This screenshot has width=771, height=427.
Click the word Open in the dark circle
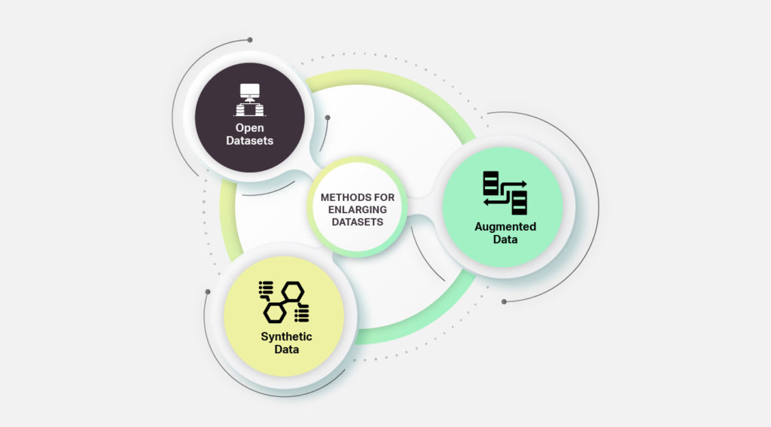point(250,128)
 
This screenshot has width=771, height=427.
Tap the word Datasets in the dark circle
point(250,141)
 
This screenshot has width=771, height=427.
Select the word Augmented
point(505,227)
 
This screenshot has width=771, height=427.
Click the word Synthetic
point(286,337)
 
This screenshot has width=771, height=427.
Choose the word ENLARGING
point(358,209)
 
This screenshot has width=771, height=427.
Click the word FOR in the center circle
point(384,197)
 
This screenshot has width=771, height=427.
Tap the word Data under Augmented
point(505,239)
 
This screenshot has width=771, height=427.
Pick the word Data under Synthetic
point(287,349)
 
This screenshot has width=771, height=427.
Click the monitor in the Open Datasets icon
point(250,92)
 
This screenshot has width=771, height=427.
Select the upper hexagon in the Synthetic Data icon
point(293,291)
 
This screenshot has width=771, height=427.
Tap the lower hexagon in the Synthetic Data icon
point(275,312)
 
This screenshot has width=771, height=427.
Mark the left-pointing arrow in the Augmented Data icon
point(498,201)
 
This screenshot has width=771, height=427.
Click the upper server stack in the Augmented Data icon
point(491,183)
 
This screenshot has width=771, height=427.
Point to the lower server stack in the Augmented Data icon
point(520,203)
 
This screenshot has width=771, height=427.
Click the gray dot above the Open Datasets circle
point(250,40)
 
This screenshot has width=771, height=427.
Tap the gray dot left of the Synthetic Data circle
point(208,291)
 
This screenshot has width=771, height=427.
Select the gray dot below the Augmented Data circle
point(504,301)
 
